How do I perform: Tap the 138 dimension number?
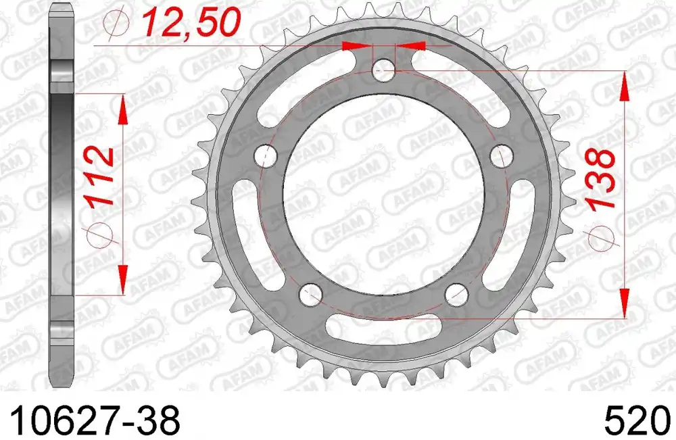coord(600,179)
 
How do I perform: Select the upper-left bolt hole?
coord(266,156)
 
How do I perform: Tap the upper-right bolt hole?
coord(501,156)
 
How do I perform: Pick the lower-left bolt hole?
coord(311,294)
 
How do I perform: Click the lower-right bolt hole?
coord(456,294)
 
